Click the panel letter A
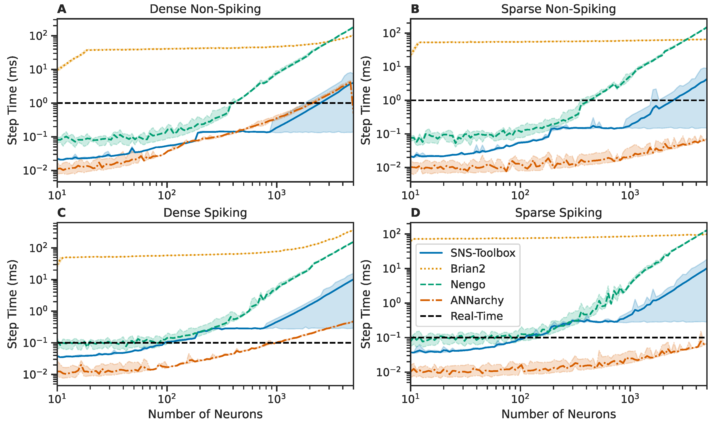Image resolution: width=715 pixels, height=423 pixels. (x=62, y=9)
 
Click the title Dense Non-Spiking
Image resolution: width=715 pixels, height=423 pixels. (x=205, y=9)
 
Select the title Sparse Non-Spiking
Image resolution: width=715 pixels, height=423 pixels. (x=558, y=9)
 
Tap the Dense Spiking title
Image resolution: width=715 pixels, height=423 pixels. (x=205, y=213)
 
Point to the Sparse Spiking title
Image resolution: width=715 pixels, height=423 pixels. (x=558, y=213)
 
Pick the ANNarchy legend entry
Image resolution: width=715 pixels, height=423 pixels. (x=477, y=300)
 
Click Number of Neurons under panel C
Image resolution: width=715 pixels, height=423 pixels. (x=205, y=414)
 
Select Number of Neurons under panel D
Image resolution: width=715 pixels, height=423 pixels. (x=558, y=414)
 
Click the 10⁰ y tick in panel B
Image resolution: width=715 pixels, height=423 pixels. (x=391, y=100)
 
